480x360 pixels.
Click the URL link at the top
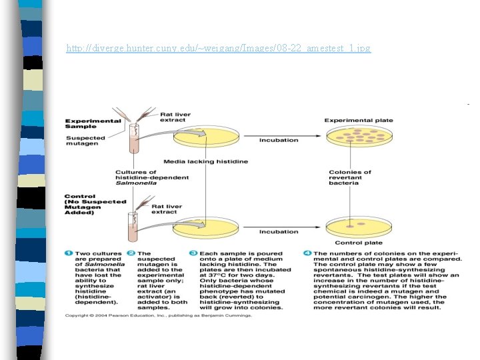coord(219,49)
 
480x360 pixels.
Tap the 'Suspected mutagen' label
coord(83,140)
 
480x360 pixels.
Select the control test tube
coord(132,227)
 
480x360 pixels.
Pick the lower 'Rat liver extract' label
coord(167,209)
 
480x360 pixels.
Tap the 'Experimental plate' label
coord(359,121)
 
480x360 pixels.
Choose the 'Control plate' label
coord(358,243)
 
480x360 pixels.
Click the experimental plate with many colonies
coord(359,138)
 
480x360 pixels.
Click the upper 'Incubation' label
coord(279,141)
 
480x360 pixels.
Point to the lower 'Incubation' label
coord(279,232)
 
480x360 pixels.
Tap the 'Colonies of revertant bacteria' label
coord(350,177)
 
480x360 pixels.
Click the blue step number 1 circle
coord(68,254)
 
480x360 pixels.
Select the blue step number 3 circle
coord(193,254)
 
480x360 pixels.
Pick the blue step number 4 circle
coord(307,254)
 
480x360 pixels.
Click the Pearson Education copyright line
coord(158,315)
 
